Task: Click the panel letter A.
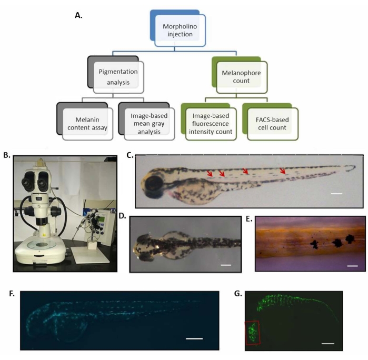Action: tap(78, 15)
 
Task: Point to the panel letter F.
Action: tap(12, 293)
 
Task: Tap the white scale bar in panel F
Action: tap(194, 339)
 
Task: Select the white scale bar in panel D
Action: tap(226, 265)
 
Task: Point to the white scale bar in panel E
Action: tap(352, 266)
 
